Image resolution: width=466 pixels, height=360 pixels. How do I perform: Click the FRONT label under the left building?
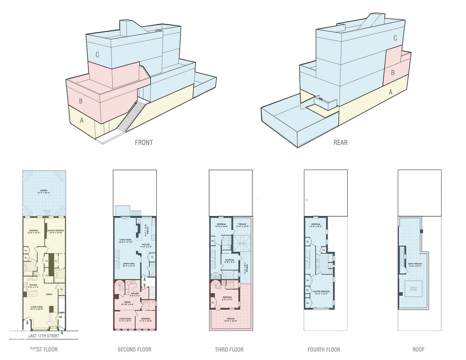pyautogui.click(x=144, y=143)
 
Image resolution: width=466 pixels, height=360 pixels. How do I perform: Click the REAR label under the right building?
pyautogui.click(x=340, y=143)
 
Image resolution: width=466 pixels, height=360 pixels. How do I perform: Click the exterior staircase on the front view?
pyautogui.click(x=133, y=115)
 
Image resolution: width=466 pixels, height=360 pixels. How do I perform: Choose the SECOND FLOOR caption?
pyautogui.click(x=134, y=350)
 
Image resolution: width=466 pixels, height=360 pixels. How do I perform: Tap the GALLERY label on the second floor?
pyautogui.click(x=146, y=245)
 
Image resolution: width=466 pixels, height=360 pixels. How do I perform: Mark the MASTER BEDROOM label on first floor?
pyautogui.click(x=54, y=231)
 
